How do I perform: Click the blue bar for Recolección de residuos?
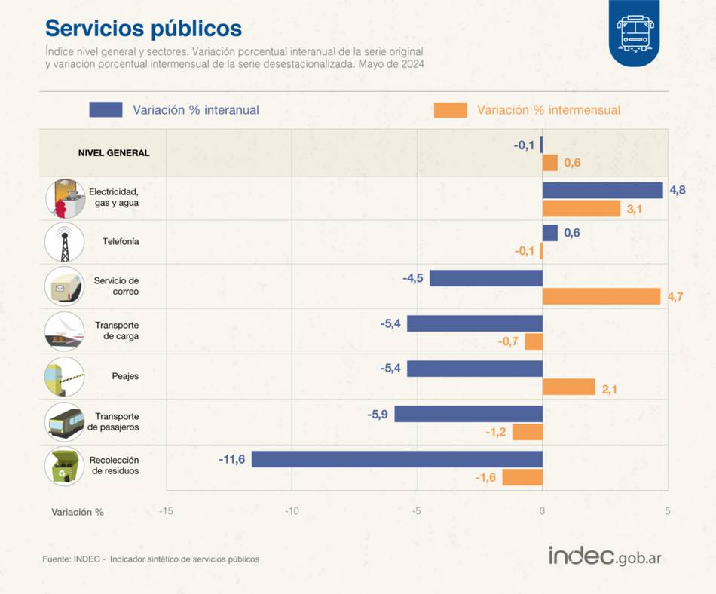[396, 459]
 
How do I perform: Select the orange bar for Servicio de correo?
[601, 296]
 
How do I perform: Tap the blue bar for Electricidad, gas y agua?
[602, 190]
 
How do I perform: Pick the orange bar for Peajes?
[568, 387]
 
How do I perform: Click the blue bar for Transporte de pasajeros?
[468, 414]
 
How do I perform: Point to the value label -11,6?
[232, 459]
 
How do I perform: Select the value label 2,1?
[610, 389]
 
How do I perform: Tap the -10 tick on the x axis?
[292, 511]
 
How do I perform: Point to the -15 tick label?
[166, 511]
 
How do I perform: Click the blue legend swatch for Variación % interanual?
[106, 109]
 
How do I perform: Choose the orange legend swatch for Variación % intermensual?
[450, 110]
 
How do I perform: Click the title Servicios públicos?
[143, 29]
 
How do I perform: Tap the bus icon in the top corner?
[634, 32]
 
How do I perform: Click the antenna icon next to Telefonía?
[64, 242]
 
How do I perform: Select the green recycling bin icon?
[64, 465]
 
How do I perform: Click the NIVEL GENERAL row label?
[114, 152]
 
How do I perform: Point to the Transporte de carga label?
[117, 331]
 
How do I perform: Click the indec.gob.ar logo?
[605, 556]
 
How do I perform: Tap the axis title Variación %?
[78, 512]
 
